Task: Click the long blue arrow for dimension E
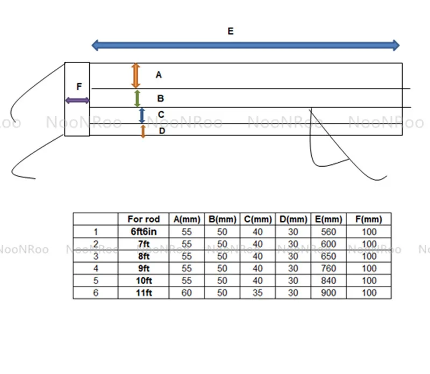pos(246,45)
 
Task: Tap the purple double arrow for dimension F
pos(77,100)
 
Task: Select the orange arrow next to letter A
pos(136,75)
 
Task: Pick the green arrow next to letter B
pos(138,98)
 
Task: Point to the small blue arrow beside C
pos(142,116)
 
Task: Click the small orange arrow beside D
pos(143,131)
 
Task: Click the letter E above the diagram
pos(231,31)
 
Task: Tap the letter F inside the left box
pos(79,87)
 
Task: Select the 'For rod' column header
pos(144,219)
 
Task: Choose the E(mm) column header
pos(328,219)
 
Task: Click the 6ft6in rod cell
pos(144,232)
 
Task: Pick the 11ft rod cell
pos(144,293)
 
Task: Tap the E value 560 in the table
pos(328,232)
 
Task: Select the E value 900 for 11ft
pos(328,293)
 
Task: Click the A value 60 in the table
pos(187,293)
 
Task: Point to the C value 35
pos(258,293)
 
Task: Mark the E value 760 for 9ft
pos(328,269)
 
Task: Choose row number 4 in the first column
pos(96,269)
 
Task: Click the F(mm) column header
pos(369,219)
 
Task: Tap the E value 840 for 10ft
pos(328,280)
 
